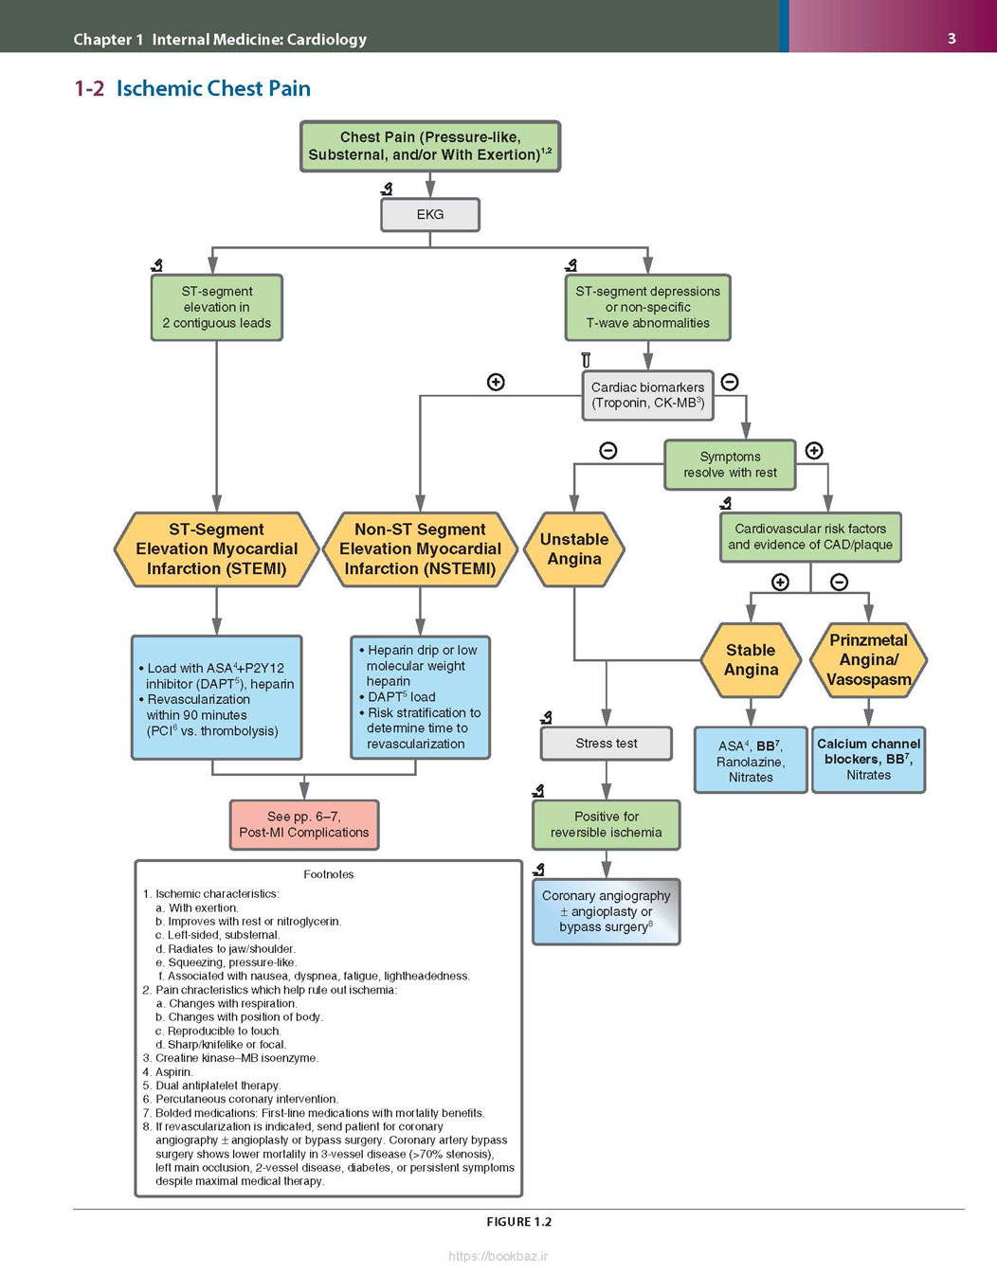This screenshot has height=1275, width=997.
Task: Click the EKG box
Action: click(x=430, y=215)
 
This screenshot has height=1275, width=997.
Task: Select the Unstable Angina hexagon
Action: click(x=574, y=549)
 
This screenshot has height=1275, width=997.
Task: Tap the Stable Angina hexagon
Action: click(x=751, y=660)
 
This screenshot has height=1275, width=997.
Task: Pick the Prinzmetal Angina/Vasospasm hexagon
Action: click(x=868, y=660)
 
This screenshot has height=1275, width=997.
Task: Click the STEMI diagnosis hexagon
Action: click(x=216, y=549)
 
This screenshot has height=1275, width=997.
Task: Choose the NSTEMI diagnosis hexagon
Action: click(x=420, y=549)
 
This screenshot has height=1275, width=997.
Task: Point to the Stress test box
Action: click(x=607, y=744)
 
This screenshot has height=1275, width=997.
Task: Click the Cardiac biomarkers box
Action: click(x=648, y=395)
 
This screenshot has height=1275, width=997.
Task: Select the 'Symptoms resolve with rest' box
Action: click(x=730, y=465)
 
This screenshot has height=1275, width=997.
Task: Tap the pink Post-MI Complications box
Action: click(x=304, y=824)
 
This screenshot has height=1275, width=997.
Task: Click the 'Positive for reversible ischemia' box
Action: click(x=607, y=824)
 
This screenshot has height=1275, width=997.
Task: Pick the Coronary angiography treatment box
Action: click(x=607, y=911)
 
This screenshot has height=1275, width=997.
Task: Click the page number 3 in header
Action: click(x=952, y=39)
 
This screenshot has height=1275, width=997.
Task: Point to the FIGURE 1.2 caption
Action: click(x=518, y=1222)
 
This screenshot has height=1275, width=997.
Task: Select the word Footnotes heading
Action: click(x=329, y=874)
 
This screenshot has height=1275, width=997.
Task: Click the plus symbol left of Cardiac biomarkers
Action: click(x=496, y=382)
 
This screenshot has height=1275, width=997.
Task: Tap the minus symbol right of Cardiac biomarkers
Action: click(x=730, y=382)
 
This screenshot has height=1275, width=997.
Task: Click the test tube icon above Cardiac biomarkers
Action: click(x=585, y=359)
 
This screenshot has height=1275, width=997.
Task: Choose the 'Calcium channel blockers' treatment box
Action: click(x=868, y=760)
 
